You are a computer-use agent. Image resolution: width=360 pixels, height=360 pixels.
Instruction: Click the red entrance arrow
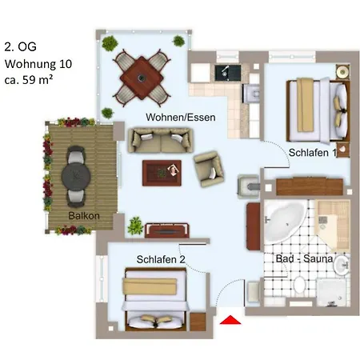point(230,320)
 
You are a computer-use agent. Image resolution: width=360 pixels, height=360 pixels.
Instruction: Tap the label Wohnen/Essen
point(181,118)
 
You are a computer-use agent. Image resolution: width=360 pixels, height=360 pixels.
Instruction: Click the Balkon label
point(84,215)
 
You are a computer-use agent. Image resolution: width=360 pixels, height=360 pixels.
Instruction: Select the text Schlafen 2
point(161,259)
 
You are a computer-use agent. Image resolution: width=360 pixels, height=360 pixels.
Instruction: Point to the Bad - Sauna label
point(304,258)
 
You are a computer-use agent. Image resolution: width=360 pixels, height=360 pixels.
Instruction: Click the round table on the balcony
point(76,176)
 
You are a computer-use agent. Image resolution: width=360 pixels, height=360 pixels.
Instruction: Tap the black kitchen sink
point(228,73)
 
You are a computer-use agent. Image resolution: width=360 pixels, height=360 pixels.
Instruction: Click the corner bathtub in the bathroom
point(285,222)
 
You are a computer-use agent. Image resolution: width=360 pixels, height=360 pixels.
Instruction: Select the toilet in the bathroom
point(300,285)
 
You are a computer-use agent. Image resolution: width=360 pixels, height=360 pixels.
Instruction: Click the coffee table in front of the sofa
point(162,173)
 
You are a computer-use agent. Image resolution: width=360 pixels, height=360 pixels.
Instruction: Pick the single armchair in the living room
point(209,169)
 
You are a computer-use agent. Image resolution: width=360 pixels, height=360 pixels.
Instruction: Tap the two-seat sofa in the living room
point(161,141)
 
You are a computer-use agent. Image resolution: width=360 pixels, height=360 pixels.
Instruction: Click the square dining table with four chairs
point(142,78)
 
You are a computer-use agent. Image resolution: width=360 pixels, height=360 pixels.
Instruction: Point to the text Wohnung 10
point(38,64)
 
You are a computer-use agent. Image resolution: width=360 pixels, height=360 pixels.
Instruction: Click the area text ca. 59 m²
point(29,80)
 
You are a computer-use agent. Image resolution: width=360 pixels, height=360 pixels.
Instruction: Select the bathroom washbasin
point(342,265)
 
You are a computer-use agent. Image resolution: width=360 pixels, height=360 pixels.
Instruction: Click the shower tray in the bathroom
point(332,292)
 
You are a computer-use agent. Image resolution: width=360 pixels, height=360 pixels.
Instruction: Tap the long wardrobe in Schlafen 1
point(310,186)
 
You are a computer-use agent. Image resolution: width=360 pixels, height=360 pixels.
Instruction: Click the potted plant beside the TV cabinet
point(136,226)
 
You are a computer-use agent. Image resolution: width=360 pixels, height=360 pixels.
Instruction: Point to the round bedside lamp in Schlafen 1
point(342,72)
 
